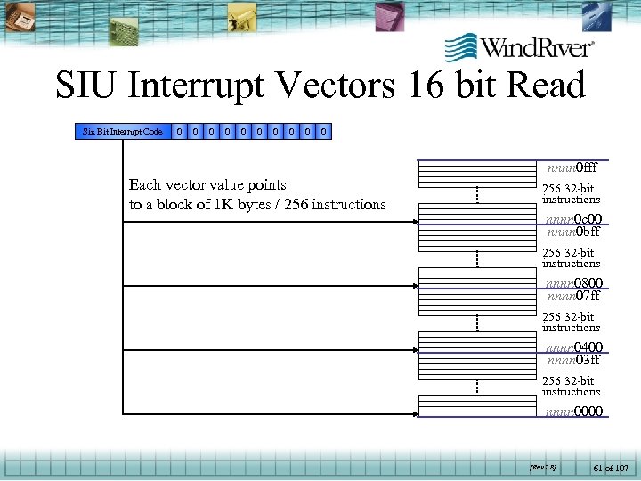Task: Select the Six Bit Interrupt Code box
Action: point(122,132)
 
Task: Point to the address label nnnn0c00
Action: point(573,219)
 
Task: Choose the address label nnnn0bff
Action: point(573,232)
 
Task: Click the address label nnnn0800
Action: point(573,283)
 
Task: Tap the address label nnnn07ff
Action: point(573,296)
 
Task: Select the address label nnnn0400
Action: point(573,347)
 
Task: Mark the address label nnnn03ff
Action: point(573,360)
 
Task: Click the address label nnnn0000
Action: point(573,412)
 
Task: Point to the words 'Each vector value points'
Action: point(207,185)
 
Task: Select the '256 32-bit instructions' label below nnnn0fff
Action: point(571,194)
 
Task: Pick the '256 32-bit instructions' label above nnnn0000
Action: point(571,387)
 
